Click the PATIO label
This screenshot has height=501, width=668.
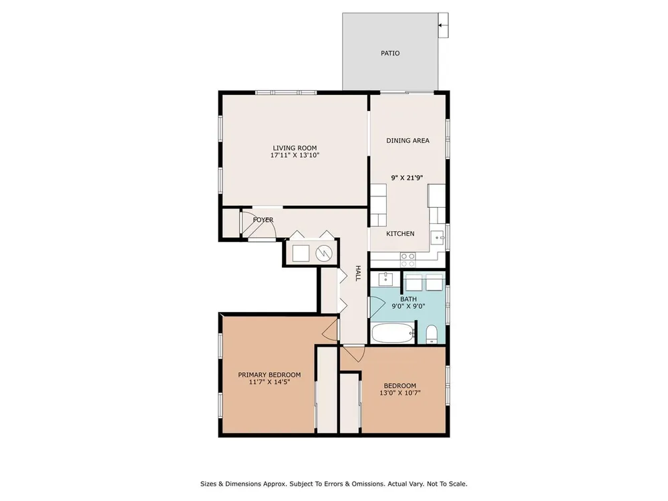pos(390,53)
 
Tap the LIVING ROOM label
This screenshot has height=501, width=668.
pos(295,148)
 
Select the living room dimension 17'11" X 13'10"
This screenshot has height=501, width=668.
pos(295,155)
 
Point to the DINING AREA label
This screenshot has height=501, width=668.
pos(407,140)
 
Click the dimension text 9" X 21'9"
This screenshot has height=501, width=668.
pos(407,178)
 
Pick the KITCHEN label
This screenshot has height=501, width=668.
pos(400,233)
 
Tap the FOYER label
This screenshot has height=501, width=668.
pos(263,220)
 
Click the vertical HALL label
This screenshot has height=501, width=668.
pos(358,273)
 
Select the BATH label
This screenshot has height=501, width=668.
pos(408,299)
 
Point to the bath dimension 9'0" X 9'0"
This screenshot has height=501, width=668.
pos(408,306)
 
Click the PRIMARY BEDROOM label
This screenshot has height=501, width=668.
pos(269,375)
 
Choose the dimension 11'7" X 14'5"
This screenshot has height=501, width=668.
pos(269,381)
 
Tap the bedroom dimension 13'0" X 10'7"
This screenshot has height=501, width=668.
pos(399,393)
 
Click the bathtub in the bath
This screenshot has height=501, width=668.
pos(393,333)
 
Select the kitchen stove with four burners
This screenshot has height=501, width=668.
pos(407,260)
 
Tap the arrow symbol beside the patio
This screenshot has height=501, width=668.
pos(443,25)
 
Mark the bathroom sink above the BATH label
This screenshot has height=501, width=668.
pos(385,279)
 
